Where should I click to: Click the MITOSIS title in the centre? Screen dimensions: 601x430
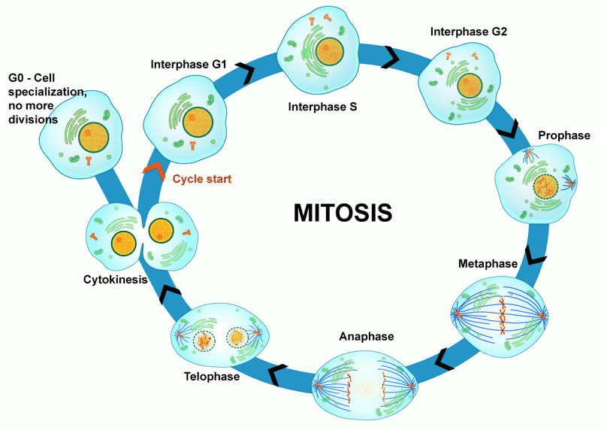pos(343,213)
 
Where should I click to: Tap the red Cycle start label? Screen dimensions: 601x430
pos(202,179)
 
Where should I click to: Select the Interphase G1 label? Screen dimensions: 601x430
pos(189,64)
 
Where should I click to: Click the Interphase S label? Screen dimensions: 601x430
pos(322,107)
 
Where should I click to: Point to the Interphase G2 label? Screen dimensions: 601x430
pos(468,32)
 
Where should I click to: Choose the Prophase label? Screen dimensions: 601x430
pos(564,135)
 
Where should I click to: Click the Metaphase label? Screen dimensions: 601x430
pos(488,264)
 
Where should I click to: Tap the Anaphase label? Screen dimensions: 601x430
pos(367,336)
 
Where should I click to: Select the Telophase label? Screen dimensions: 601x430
pos(212,377)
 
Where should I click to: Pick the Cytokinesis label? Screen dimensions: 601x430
pos(116,279)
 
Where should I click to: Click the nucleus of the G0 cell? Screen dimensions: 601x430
pos(93,138)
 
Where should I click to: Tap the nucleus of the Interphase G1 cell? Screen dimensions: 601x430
pos(198,123)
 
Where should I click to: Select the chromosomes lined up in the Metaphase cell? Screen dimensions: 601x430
pos(502,316)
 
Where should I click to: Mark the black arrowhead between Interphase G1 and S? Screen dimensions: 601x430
pos(246,73)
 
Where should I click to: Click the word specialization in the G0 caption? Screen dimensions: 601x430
pos(47,92)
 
